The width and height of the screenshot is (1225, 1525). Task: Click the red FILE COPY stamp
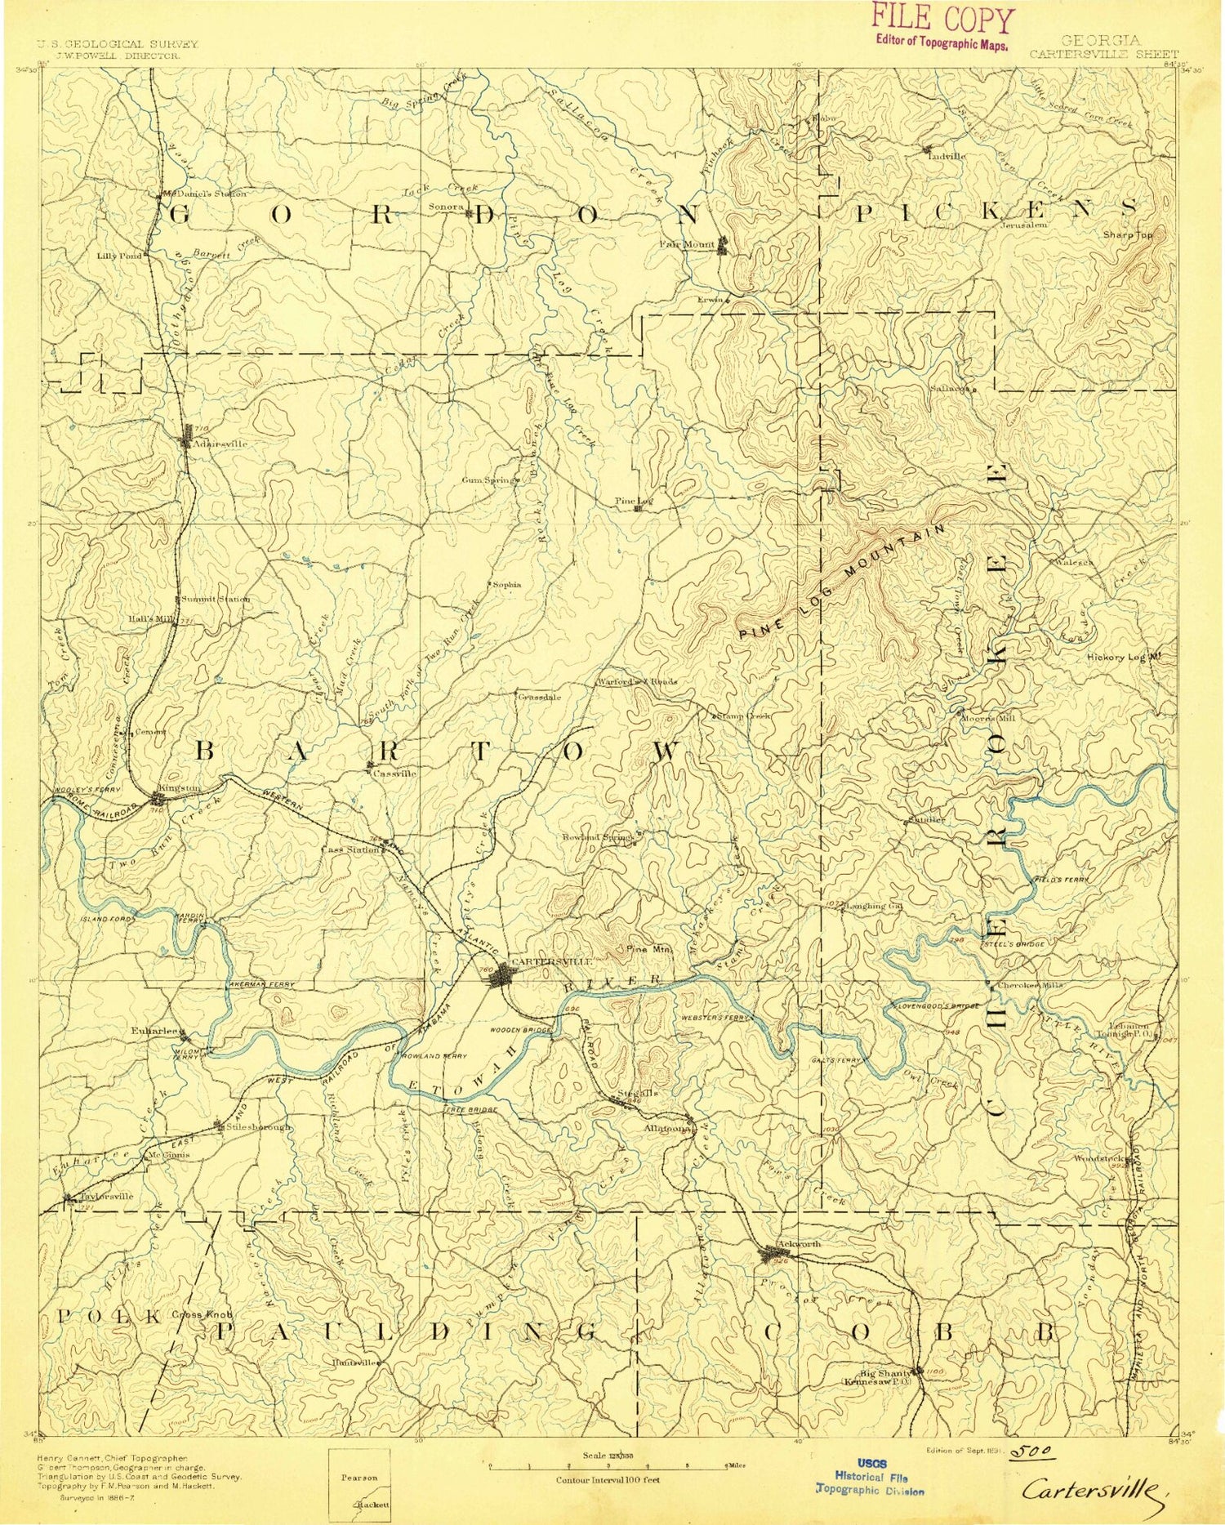942,27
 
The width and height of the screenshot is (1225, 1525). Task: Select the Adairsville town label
219,444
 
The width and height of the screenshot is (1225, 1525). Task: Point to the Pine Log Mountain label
843,582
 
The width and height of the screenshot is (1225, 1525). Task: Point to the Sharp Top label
1127,234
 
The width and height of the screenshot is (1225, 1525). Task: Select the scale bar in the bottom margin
608,1465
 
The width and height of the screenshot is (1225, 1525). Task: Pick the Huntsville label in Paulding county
354,1362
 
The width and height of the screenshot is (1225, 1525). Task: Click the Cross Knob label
201,1315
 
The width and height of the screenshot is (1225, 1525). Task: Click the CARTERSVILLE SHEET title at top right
1102,54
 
